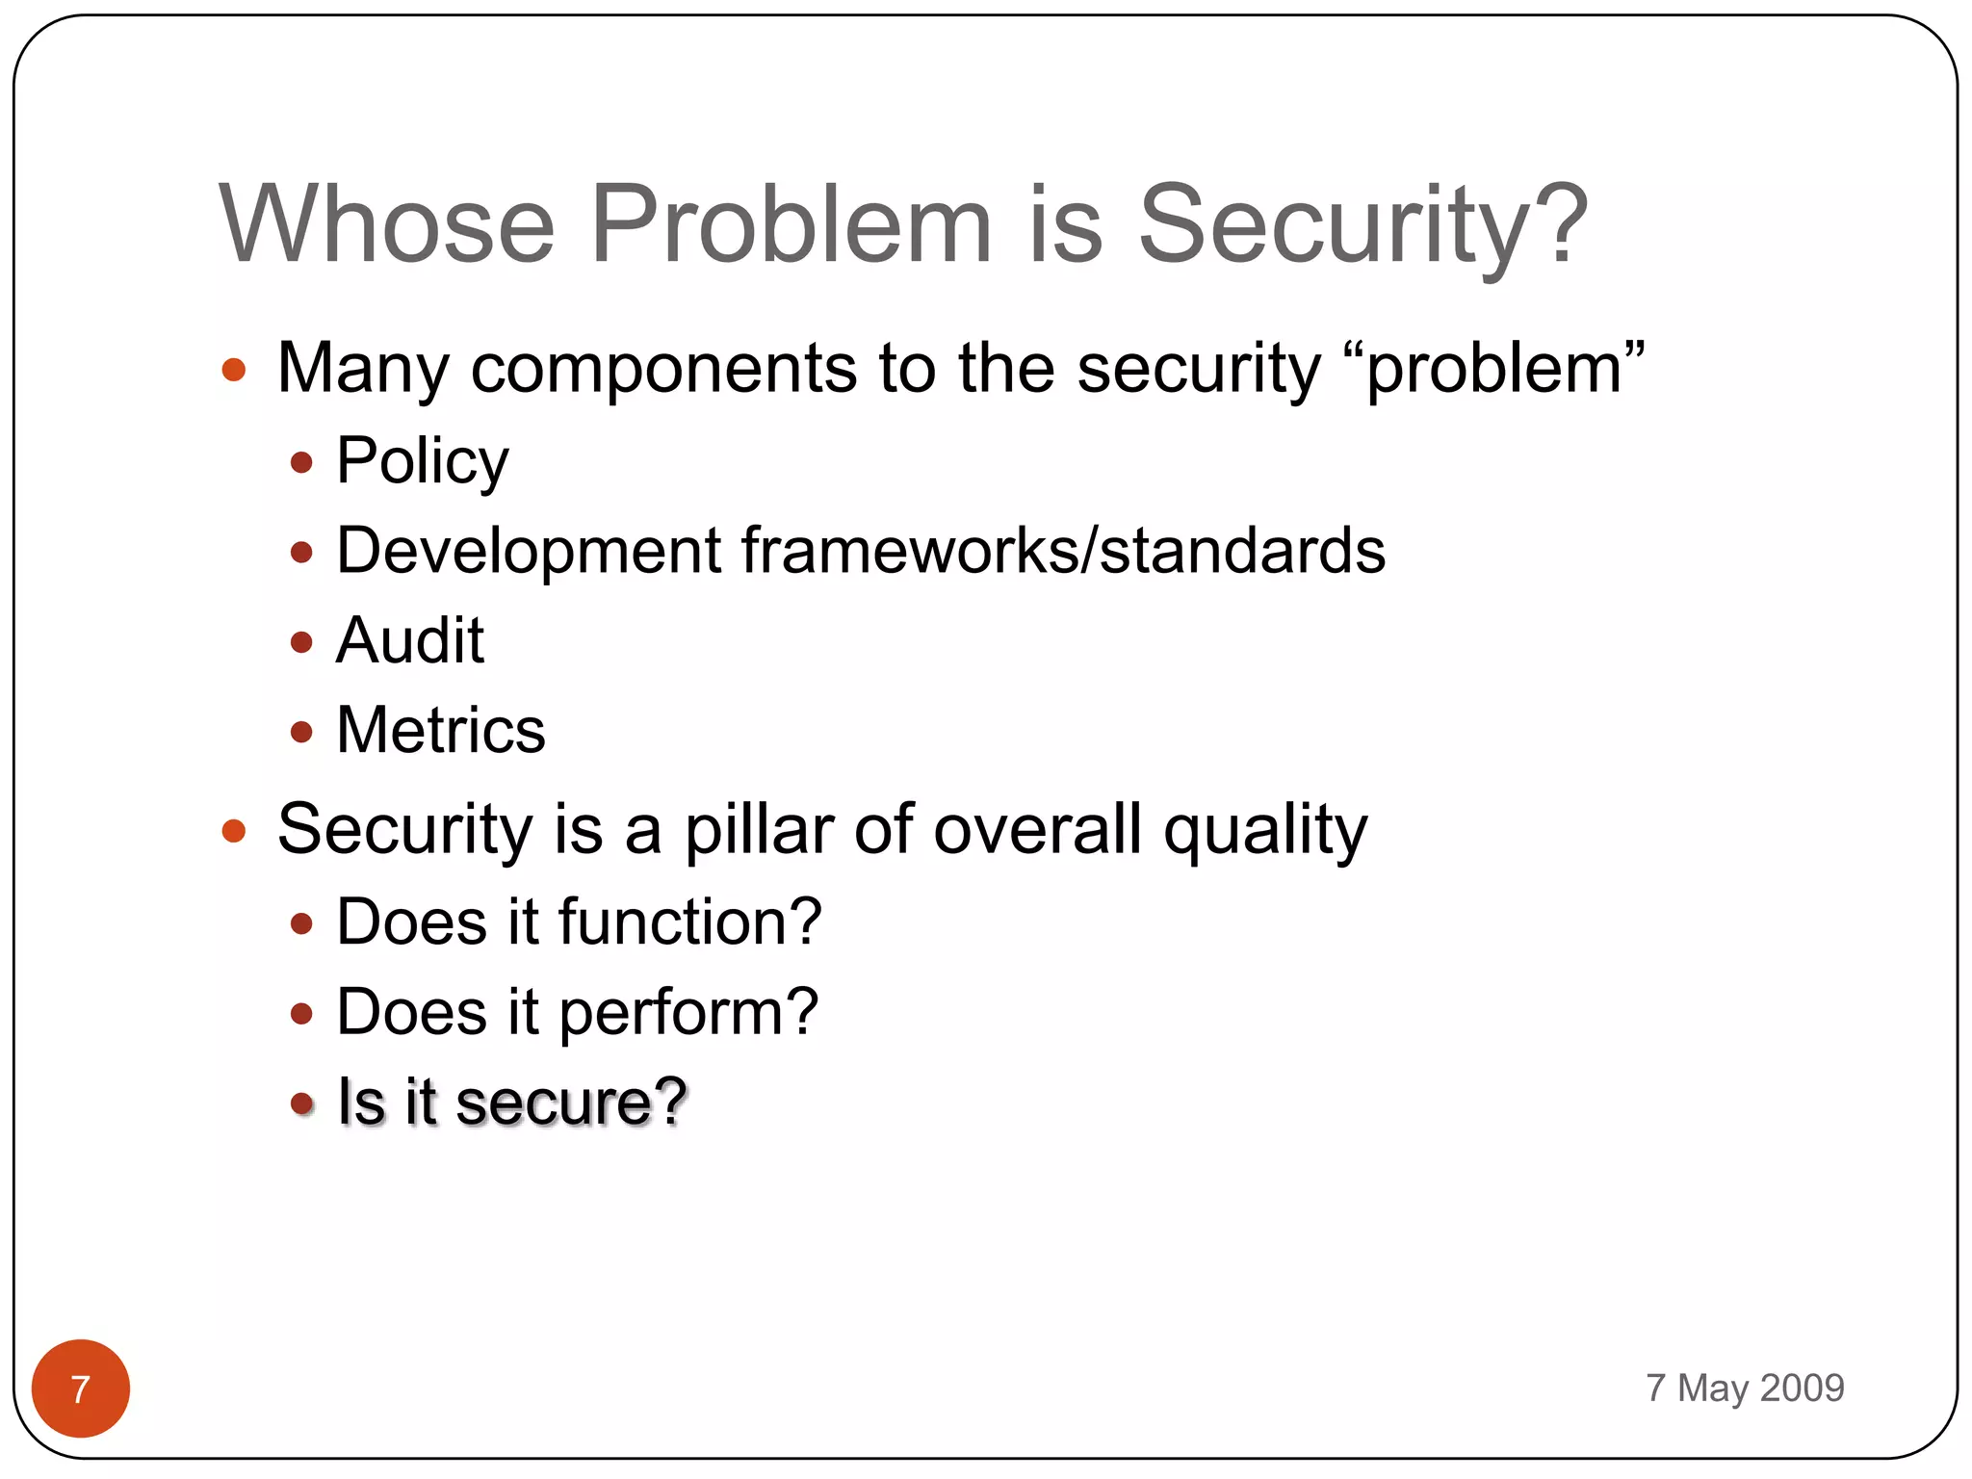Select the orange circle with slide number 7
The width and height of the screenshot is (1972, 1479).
click(81, 1388)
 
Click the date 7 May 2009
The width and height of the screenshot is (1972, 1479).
click(1744, 1388)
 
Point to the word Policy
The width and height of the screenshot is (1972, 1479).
click(422, 461)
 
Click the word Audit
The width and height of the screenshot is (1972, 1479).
click(409, 640)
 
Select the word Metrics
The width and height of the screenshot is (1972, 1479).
click(441, 730)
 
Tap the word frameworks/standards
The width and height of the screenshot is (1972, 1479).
click(1063, 551)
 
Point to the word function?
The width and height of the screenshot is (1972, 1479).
click(689, 921)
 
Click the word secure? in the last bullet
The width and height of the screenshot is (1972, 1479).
click(570, 1102)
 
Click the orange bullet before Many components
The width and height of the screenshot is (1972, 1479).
click(234, 370)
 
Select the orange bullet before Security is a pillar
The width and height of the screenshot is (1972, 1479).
click(234, 830)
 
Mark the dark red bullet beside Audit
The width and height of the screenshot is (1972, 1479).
click(301, 642)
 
